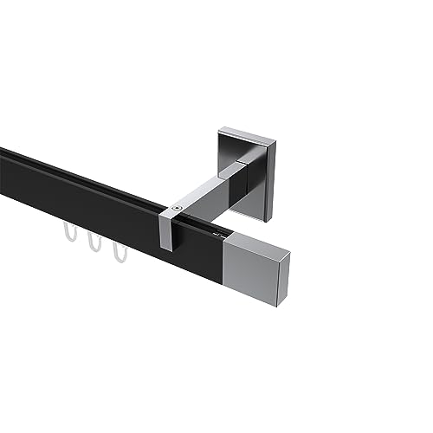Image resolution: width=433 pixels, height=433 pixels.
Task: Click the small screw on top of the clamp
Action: (177, 208)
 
